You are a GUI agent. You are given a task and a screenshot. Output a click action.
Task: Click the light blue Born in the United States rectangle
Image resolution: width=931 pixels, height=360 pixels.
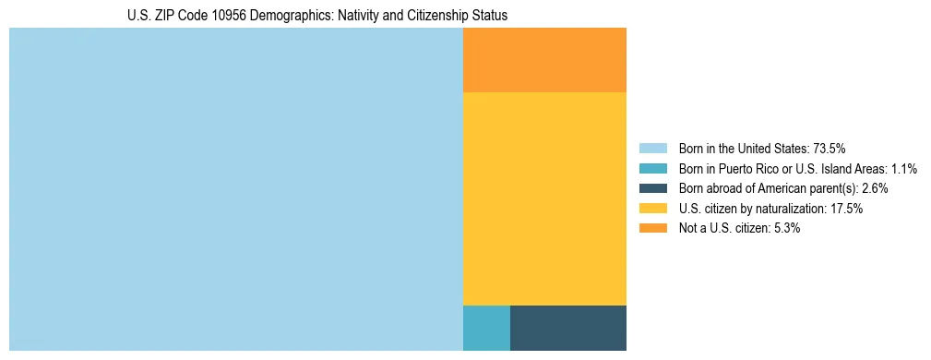tap(235, 189)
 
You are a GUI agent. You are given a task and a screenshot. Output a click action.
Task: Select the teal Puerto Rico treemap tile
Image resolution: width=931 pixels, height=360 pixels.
tap(486, 328)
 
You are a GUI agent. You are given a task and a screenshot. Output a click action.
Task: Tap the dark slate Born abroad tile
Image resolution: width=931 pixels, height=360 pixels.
tap(567, 328)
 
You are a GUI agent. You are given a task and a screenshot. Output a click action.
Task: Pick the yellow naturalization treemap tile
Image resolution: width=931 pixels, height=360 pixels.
tap(544, 198)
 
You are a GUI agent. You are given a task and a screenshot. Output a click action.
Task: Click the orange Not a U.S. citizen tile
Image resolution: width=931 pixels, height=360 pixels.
tap(544, 60)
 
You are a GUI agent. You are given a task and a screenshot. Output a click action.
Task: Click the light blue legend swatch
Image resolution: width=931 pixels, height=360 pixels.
tap(653, 149)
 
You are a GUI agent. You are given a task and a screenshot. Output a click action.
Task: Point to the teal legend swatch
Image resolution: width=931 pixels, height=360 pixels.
tap(653, 169)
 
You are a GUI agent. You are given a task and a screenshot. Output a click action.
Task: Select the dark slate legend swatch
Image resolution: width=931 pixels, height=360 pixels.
tap(653, 188)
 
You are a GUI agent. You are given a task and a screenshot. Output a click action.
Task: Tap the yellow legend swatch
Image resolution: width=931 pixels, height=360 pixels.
tap(653, 209)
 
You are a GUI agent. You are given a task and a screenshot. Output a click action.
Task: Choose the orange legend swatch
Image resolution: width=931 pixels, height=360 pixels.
tap(653, 229)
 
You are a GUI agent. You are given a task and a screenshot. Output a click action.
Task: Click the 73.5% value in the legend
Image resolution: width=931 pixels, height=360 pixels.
tap(830, 149)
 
